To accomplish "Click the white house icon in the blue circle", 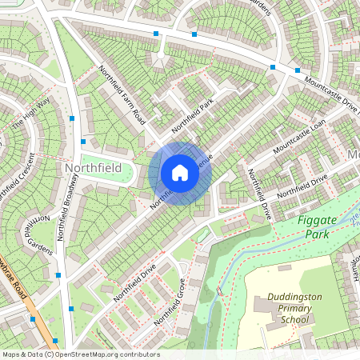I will point(180,173).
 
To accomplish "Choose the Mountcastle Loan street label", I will point(299,139).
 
